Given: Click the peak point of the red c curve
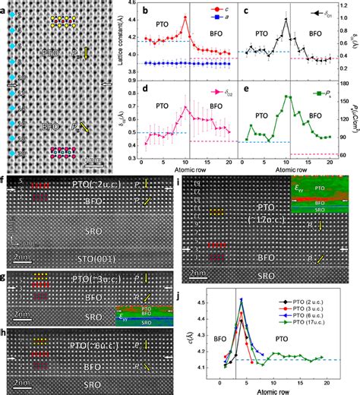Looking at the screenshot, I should [x=185, y=17].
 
